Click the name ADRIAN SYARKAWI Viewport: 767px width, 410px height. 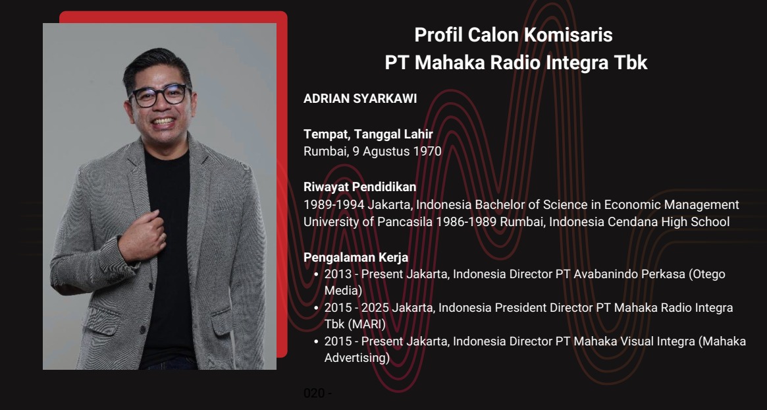(360, 98)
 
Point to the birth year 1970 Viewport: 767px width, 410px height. (427, 151)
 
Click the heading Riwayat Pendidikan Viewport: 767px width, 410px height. (359, 187)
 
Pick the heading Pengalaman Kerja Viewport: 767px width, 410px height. (356, 257)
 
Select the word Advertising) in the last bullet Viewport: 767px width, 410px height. (357, 358)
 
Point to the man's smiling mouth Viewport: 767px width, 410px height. (163, 121)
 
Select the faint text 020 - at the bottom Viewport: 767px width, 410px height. (317, 393)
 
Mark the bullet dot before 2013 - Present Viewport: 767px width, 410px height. (317, 275)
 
